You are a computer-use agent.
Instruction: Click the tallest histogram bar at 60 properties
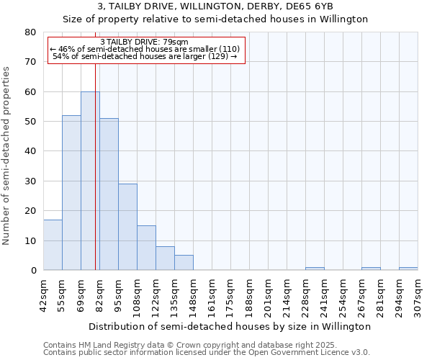90,181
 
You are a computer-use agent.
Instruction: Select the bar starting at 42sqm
53,245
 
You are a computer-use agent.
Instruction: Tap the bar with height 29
127,227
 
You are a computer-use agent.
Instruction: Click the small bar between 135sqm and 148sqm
184,263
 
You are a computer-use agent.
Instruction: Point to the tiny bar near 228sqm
315,269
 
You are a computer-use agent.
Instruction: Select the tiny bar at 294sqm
408,269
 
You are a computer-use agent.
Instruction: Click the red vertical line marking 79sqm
95,180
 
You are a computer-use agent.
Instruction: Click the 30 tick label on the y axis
30,181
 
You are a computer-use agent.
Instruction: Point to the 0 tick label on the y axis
33,271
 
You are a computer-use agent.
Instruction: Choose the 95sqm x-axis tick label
118,294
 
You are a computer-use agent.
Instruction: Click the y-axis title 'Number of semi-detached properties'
7,156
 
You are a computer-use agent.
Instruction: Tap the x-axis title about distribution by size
230,326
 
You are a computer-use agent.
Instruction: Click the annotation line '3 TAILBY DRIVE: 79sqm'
144,42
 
